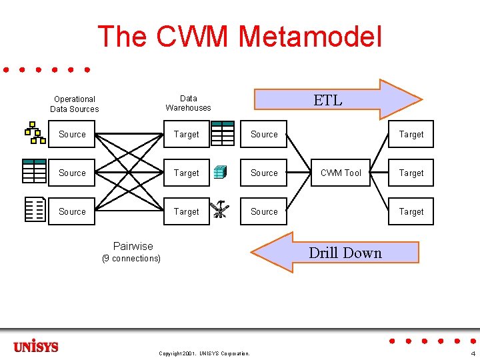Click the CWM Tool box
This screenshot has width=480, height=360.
(x=341, y=173)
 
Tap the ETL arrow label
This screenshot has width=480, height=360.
(x=328, y=101)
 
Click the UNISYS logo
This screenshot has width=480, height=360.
(x=36, y=347)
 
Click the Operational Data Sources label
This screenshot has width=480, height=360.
(x=74, y=104)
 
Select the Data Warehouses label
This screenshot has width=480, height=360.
(x=188, y=103)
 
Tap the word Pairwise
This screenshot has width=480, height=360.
(x=133, y=246)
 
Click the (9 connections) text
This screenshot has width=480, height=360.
(x=131, y=259)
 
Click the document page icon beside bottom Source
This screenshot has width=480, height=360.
(x=34, y=209)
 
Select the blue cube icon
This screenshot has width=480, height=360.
(x=220, y=173)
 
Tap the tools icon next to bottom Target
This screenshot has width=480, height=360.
(x=219, y=211)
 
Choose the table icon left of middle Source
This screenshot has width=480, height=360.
(x=34, y=171)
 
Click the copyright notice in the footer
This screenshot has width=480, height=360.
(x=204, y=353)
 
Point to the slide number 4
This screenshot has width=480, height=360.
(x=473, y=353)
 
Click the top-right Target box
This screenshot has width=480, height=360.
(x=411, y=134)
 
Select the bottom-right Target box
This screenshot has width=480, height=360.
(x=411, y=211)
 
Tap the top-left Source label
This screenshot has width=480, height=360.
(x=72, y=134)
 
